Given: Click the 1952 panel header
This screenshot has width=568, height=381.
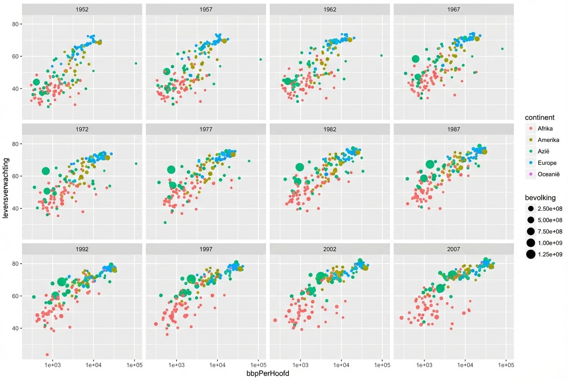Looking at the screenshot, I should (82, 9).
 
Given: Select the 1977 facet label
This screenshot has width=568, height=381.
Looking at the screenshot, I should (206, 129).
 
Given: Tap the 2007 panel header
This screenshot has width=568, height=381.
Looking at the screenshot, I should (453, 248).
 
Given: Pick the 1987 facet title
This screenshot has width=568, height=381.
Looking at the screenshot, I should (453, 129).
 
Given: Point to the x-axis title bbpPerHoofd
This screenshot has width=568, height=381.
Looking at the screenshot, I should (267, 374).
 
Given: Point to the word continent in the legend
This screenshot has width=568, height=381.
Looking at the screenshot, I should (540, 117).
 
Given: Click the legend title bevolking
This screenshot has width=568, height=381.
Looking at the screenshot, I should (541, 198).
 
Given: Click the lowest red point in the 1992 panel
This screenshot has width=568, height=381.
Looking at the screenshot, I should (47, 354).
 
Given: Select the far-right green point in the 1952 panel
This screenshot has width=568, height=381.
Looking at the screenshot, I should (136, 63).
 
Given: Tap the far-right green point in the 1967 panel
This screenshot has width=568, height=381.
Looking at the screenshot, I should (502, 49).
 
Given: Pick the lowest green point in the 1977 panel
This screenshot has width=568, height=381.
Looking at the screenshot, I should (165, 222).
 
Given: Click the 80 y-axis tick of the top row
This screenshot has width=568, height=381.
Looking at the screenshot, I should (15, 24).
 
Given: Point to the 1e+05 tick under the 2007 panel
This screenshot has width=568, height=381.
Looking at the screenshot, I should (506, 365).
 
